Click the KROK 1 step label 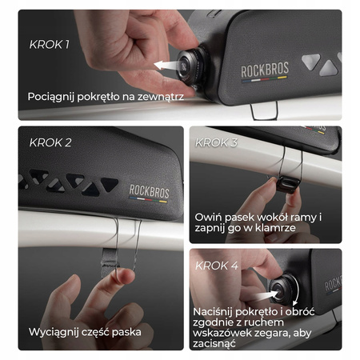(50, 45)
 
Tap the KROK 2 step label (50, 142)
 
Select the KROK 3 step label (216, 142)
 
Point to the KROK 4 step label (217, 266)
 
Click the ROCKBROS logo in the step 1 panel (265, 71)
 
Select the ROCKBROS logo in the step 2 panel (149, 193)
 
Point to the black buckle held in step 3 (288, 184)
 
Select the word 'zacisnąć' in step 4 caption (214, 344)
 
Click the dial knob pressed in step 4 (283, 290)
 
